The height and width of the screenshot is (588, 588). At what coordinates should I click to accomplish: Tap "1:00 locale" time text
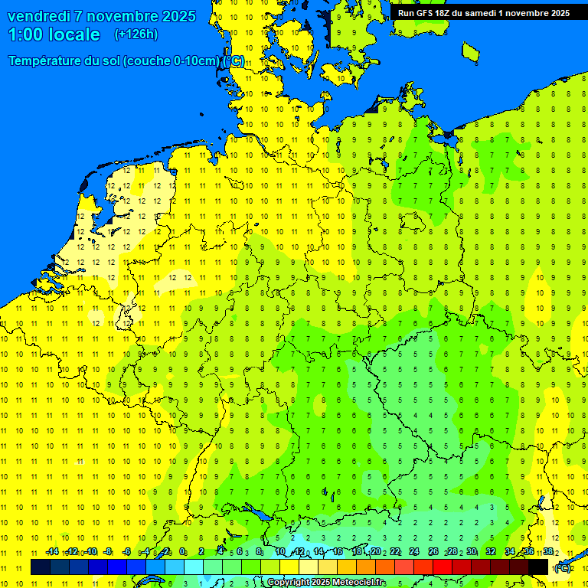pyautogui.click(x=54, y=34)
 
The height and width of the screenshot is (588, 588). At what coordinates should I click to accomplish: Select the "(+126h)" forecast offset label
pyautogui.click(x=136, y=34)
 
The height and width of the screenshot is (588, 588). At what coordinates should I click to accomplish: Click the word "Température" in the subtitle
pyautogui.click(x=47, y=60)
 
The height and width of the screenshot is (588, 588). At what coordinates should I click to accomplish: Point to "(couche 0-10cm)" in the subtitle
pyautogui.click(x=172, y=60)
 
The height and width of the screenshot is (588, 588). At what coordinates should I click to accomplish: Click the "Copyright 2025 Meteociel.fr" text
pyautogui.click(x=325, y=583)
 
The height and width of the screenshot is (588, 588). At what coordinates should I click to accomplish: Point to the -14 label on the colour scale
pyautogui.click(x=52, y=551)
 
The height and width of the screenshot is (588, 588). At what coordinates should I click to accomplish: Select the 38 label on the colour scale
pyautogui.click(x=548, y=551)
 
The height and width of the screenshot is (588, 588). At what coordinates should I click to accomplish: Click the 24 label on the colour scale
pyautogui.click(x=414, y=551)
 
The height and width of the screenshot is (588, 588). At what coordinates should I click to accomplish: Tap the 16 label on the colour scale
pyautogui.click(x=338, y=551)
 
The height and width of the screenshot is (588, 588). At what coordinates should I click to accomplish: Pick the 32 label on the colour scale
pyautogui.click(x=491, y=551)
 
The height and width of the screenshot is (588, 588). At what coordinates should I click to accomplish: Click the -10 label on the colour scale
pyautogui.click(x=90, y=551)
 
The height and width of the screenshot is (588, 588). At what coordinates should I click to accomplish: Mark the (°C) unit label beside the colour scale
pyautogui.click(x=563, y=568)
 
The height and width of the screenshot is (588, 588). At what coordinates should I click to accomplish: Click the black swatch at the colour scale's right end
pyautogui.click(x=538, y=567)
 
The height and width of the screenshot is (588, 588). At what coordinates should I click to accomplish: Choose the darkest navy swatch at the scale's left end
pyautogui.click(x=41, y=567)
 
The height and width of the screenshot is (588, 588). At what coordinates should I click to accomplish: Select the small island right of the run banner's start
pyautogui.click(x=470, y=51)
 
